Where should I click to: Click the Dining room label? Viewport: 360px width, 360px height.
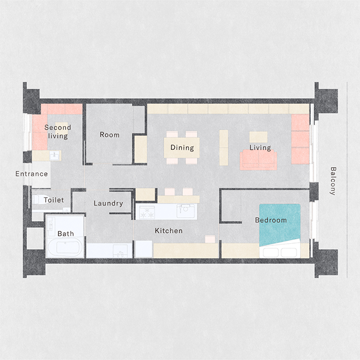[182, 147]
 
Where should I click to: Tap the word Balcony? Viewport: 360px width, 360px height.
[333, 181]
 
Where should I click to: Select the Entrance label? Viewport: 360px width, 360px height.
[31, 174]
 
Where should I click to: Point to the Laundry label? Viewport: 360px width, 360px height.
[109, 203]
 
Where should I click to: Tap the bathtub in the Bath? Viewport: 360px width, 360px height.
[66, 246]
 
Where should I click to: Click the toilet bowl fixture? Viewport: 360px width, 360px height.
[38, 200]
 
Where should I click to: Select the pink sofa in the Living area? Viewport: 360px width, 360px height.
[259, 160]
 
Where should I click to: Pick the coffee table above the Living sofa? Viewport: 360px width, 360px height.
[259, 137]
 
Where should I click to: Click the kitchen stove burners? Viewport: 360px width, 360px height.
[147, 212]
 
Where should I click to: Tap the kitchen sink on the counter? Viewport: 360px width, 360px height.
[185, 211]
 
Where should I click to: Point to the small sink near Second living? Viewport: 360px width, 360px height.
[55, 155]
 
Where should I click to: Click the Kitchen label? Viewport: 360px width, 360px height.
[169, 231]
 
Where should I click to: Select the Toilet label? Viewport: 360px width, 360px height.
[53, 200]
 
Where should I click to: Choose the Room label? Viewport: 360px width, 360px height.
[110, 135]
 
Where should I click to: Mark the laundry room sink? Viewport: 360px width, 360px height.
[120, 251]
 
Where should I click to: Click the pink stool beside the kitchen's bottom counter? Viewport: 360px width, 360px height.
[210, 239]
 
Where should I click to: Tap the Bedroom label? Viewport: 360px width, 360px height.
[271, 220]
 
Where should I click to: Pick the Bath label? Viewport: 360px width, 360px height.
[66, 234]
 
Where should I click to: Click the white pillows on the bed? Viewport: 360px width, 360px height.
[280, 252]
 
